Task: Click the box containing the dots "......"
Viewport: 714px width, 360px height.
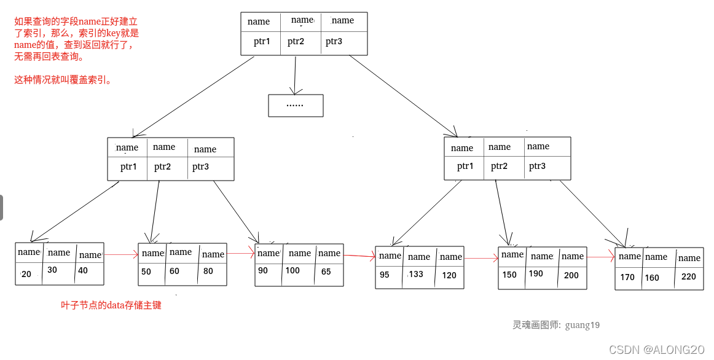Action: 296,105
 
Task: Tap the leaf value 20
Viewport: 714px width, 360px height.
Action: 26,274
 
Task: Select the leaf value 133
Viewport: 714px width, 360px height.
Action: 416,274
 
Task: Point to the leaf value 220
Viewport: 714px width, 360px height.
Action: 689,276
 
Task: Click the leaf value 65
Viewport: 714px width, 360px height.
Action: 326,272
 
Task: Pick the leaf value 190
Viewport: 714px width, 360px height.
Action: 536,273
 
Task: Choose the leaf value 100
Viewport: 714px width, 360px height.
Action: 292,270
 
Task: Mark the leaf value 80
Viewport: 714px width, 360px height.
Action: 208,271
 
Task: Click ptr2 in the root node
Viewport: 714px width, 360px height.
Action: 296,42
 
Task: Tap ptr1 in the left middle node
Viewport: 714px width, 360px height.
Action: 128,166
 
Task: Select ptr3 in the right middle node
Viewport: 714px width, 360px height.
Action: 537,166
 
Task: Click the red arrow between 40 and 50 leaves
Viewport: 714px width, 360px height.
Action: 121,254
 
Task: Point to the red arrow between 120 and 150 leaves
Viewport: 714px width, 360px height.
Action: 481,258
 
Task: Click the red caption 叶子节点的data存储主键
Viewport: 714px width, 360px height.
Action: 111,305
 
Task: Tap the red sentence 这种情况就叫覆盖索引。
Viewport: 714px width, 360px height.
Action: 63,80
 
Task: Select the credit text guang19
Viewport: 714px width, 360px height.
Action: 582,325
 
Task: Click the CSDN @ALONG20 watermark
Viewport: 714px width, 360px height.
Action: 656,350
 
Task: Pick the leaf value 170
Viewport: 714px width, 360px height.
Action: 627,277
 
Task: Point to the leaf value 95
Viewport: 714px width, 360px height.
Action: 385,275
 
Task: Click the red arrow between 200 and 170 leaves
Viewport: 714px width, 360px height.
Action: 601,257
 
